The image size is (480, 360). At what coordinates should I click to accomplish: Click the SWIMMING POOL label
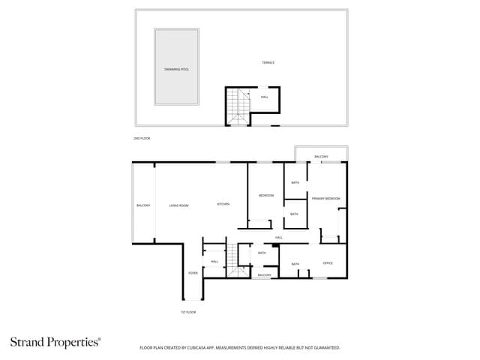[177, 69]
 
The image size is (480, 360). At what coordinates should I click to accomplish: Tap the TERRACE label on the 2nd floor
[268, 62]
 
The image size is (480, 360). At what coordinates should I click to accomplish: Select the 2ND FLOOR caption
[140, 139]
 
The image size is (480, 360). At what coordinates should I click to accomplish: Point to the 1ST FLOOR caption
[188, 311]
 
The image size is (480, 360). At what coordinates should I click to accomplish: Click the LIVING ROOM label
[178, 205]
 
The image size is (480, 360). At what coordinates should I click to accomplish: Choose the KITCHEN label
[223, 204]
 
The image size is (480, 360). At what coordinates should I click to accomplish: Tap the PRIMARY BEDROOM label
[326, 198]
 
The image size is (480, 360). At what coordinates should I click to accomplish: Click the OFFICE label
[328, 263]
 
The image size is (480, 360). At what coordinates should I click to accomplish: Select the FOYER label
[193, 273]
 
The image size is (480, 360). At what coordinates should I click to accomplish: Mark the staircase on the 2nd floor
[238, 107]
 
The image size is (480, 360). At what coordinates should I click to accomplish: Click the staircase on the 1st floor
[239, 259]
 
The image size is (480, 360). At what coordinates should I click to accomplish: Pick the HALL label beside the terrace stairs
[264, 97]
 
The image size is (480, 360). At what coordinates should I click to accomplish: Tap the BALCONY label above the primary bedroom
[321, 156]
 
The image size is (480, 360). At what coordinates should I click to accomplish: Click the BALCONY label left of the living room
[143, 205]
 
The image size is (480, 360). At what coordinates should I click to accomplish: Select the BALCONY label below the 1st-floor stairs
[264, 275]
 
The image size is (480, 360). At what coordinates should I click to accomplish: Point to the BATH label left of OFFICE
[295, 264]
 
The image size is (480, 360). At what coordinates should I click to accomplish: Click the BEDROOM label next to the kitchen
[266, 196]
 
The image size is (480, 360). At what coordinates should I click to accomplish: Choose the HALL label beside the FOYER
[214, 261]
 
